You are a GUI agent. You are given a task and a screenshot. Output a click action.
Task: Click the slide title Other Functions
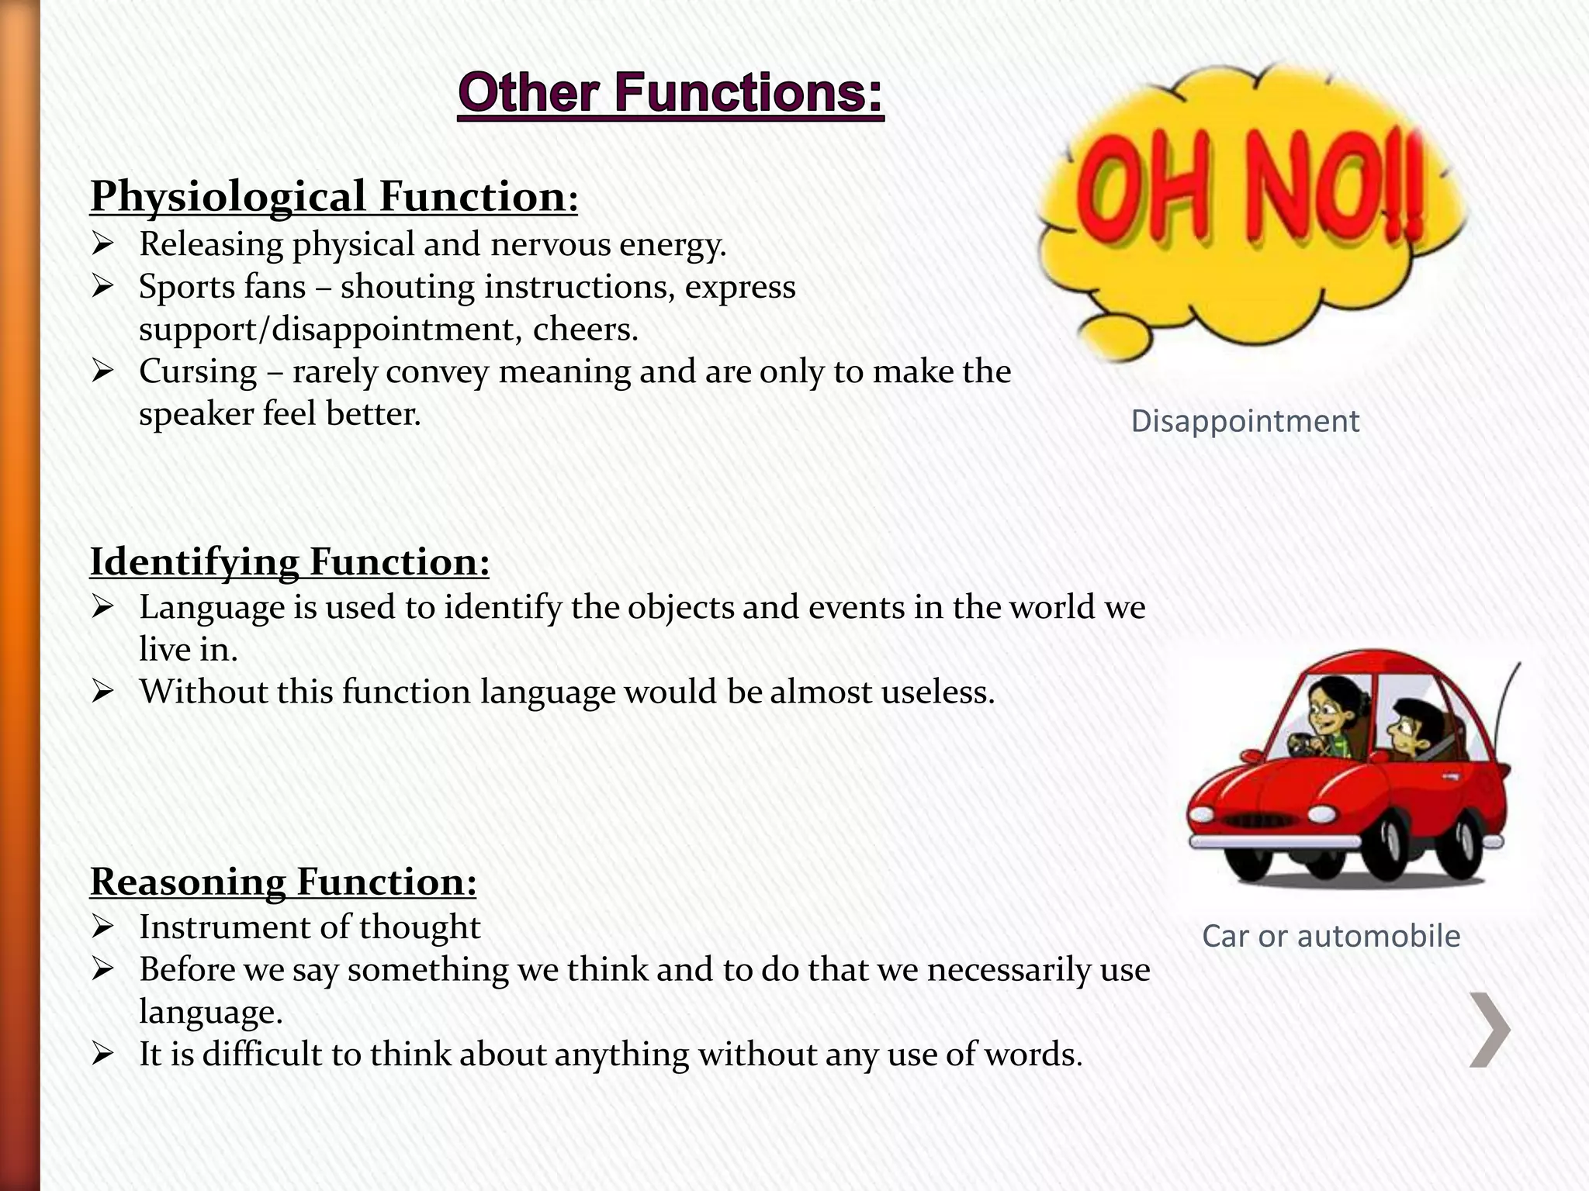click(x=670, y=94)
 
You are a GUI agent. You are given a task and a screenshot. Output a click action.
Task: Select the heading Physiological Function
click(x=334, y=196)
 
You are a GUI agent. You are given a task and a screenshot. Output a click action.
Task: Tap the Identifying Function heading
click(x=289, y=561)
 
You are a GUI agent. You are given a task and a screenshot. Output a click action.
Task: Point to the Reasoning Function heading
click(x=283, y=882)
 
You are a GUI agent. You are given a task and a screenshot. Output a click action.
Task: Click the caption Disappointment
click(x=1245, y=421)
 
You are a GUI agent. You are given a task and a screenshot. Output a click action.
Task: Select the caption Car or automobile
click(x=1331, y=936)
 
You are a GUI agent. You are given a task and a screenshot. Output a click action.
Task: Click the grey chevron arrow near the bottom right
click(x=1489, y=1030)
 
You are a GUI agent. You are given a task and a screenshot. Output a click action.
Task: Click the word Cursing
click(x=198, y=371)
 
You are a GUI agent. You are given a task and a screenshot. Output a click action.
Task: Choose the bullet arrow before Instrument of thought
click(x=102, y=927)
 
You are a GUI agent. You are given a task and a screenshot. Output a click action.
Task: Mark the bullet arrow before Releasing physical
click(x=102, y=244)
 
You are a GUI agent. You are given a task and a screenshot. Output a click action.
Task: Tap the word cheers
click(x=586, y=330)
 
